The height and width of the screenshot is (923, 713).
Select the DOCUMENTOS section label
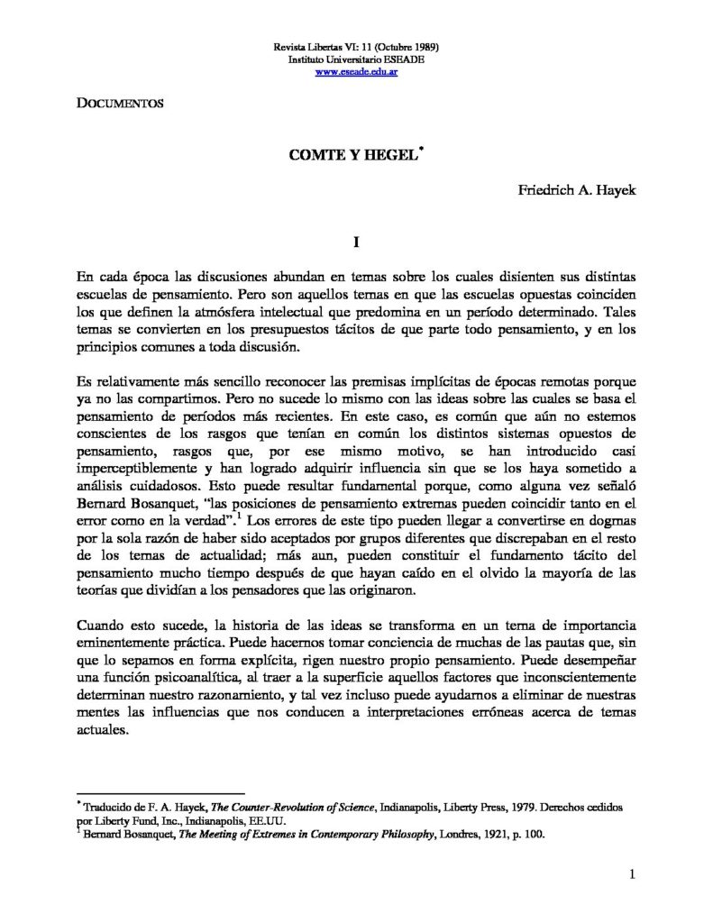tap(119, 104)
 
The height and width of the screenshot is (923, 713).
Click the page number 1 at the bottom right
tap(634, 873)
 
